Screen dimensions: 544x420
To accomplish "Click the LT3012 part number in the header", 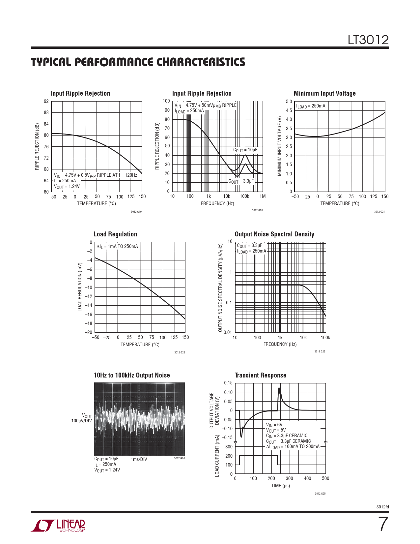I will coord(368,40).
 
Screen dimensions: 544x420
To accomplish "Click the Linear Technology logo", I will coord(58,526).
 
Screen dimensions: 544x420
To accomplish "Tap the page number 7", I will coord(383,525).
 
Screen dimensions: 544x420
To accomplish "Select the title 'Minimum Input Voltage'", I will coord(324,93).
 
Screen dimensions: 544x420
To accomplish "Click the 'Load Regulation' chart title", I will coord(115,234).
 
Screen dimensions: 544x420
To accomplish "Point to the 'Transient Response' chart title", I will coord(260,375).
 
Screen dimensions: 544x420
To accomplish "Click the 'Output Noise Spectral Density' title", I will coord(274,234).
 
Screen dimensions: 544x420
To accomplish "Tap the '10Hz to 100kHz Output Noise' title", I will coord(131,375).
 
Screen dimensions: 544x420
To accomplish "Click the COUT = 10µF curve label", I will coord(245,150).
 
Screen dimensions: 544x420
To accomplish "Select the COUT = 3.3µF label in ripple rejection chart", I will coord(241,181).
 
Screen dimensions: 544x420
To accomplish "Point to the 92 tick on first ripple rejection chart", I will coord(46,101).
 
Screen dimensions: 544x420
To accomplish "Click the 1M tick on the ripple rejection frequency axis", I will coord(263,196).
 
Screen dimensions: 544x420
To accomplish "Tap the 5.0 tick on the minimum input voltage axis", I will coord(289,102).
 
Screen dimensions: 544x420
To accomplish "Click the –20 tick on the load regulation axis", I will coord(89,332).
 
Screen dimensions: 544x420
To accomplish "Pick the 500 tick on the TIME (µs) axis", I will coord(325,478).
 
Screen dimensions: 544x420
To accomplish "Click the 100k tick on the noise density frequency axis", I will coord(325,338).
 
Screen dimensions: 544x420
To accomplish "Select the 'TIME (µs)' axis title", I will coord(280,486).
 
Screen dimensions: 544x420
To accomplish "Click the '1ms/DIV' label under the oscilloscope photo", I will coord(139,459).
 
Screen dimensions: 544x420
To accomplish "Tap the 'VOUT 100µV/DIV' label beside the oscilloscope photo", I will coord(82,418).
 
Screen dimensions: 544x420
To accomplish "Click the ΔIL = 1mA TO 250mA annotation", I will coord(117,247).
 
